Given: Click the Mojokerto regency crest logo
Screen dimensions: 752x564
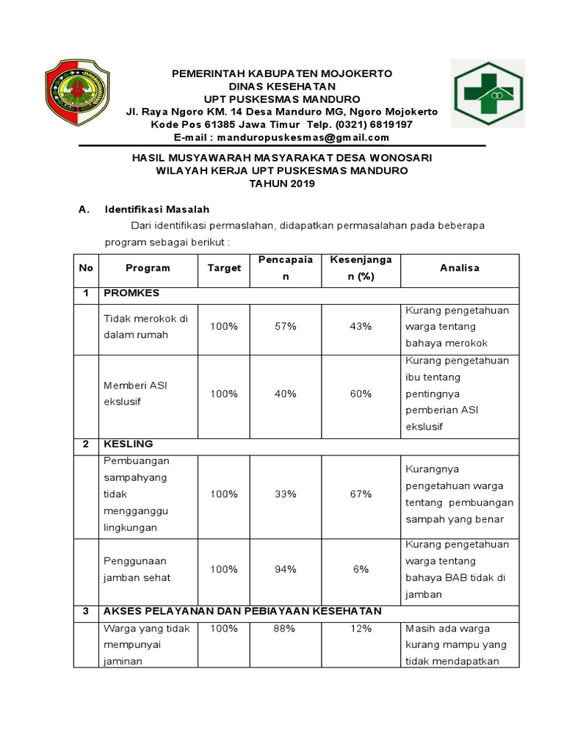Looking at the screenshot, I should coord(77,93).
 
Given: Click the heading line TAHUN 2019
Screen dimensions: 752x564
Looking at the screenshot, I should coord(282,184).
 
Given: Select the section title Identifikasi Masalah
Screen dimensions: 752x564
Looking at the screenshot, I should coord(157,209).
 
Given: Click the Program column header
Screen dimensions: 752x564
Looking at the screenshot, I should coord(147,268).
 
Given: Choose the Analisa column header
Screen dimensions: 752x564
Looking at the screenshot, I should coord(460,268).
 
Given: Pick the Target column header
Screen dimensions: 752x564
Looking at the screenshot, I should coord(224,268).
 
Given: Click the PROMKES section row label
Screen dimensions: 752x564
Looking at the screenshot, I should coord(131,293).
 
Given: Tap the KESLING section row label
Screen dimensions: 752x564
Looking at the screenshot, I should coord(129,444).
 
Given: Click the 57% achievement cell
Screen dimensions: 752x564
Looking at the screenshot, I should coord(285,326).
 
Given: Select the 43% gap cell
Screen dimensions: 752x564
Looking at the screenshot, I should coord(361,326).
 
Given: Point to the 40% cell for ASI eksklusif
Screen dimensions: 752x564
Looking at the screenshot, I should coord(285,394).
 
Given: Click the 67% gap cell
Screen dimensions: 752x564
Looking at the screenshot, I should coord(361,494).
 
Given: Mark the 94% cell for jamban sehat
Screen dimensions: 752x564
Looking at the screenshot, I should coord(285,569).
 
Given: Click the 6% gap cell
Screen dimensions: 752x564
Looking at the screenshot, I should coord(361,569).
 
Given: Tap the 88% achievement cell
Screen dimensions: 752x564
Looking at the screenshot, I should coord(285,629).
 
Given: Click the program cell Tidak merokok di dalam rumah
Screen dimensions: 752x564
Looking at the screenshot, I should coord(146,326).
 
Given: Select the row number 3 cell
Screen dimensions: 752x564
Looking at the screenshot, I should coord(86,611).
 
